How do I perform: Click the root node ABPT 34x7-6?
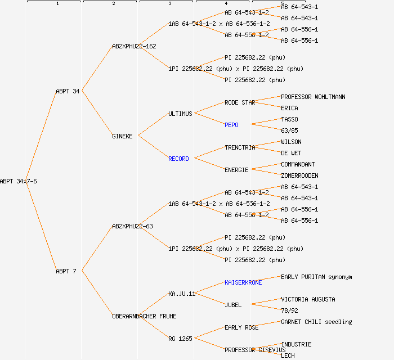click(19, 181)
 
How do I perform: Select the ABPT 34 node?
click(68, 91)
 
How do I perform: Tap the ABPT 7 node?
click(66, 271)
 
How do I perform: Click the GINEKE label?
click(122, 136)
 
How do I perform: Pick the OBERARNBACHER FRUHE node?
click(144, 316)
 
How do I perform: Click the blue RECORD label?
click(178, 159)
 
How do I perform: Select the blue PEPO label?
click(231, 125)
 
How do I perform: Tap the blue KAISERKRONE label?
click(243, 282)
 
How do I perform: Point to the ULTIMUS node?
click(180, 114)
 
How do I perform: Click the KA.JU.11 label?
click(182, 294)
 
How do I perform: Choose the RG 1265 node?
click(180, 339)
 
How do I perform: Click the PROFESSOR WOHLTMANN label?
click(313, 97)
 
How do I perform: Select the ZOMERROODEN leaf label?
click(299, 175)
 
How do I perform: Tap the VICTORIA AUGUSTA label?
click(308, 299)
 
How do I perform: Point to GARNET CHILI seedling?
click(316, 322)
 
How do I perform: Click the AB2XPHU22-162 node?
click(134, 46)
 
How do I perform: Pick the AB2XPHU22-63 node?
click(132, 226)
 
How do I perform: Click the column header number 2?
click(113, 4)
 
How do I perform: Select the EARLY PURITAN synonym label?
click(316, 277)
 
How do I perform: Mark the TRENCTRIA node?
click(240, 147)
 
